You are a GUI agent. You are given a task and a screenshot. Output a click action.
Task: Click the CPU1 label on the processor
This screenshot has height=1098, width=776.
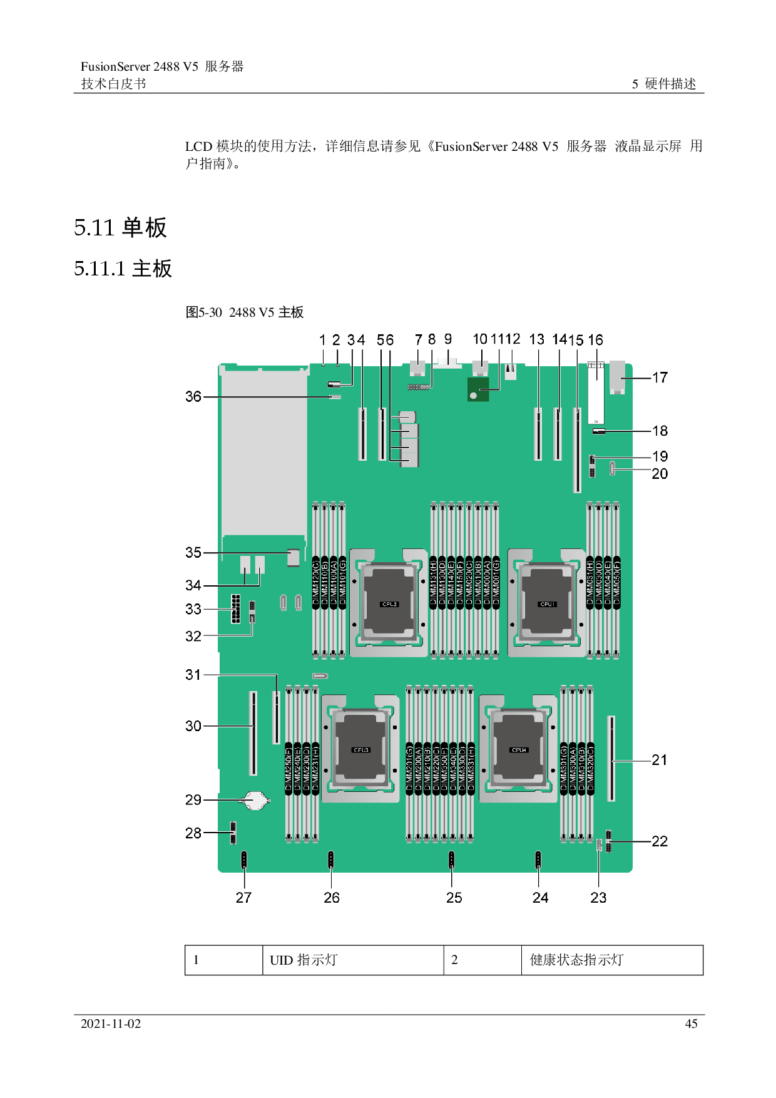(x=547, y=604)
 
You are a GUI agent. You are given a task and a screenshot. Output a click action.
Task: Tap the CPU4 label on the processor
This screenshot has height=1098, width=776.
(x=519, y=750)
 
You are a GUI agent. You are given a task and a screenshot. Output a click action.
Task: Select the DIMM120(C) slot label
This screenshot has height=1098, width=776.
(x=316, y=582)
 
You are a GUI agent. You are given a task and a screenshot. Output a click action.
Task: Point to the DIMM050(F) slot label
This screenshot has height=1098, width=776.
(x=617, y=582)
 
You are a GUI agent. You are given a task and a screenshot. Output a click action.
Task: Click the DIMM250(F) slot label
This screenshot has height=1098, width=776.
(x=288, y=769)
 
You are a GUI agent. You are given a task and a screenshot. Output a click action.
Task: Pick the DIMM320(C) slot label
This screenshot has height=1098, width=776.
(x=590, y=769)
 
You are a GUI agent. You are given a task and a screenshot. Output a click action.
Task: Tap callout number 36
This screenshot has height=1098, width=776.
(x=193, y=397)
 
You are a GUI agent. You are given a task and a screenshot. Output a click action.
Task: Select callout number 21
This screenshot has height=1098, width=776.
(x=660, y=760)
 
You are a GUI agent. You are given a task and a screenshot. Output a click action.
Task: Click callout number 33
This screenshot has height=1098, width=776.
(x=193, y=609)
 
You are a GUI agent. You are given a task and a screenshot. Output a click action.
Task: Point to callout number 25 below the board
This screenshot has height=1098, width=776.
(x=454, y=898)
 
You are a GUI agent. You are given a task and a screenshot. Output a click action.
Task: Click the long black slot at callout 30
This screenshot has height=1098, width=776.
(x=253, y=733)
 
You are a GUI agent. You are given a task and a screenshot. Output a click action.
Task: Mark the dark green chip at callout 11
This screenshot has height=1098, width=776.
(x=478, y=389)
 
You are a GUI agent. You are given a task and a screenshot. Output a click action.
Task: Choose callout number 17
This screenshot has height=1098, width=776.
(x=660, y=377)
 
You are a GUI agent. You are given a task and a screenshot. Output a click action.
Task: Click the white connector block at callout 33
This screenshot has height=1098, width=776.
(x=235, y=609)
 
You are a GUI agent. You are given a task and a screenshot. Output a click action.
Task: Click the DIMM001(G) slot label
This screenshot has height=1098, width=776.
(x=496, y=582)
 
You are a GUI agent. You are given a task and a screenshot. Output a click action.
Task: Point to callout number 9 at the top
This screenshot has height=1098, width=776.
(x=448, y=339)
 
